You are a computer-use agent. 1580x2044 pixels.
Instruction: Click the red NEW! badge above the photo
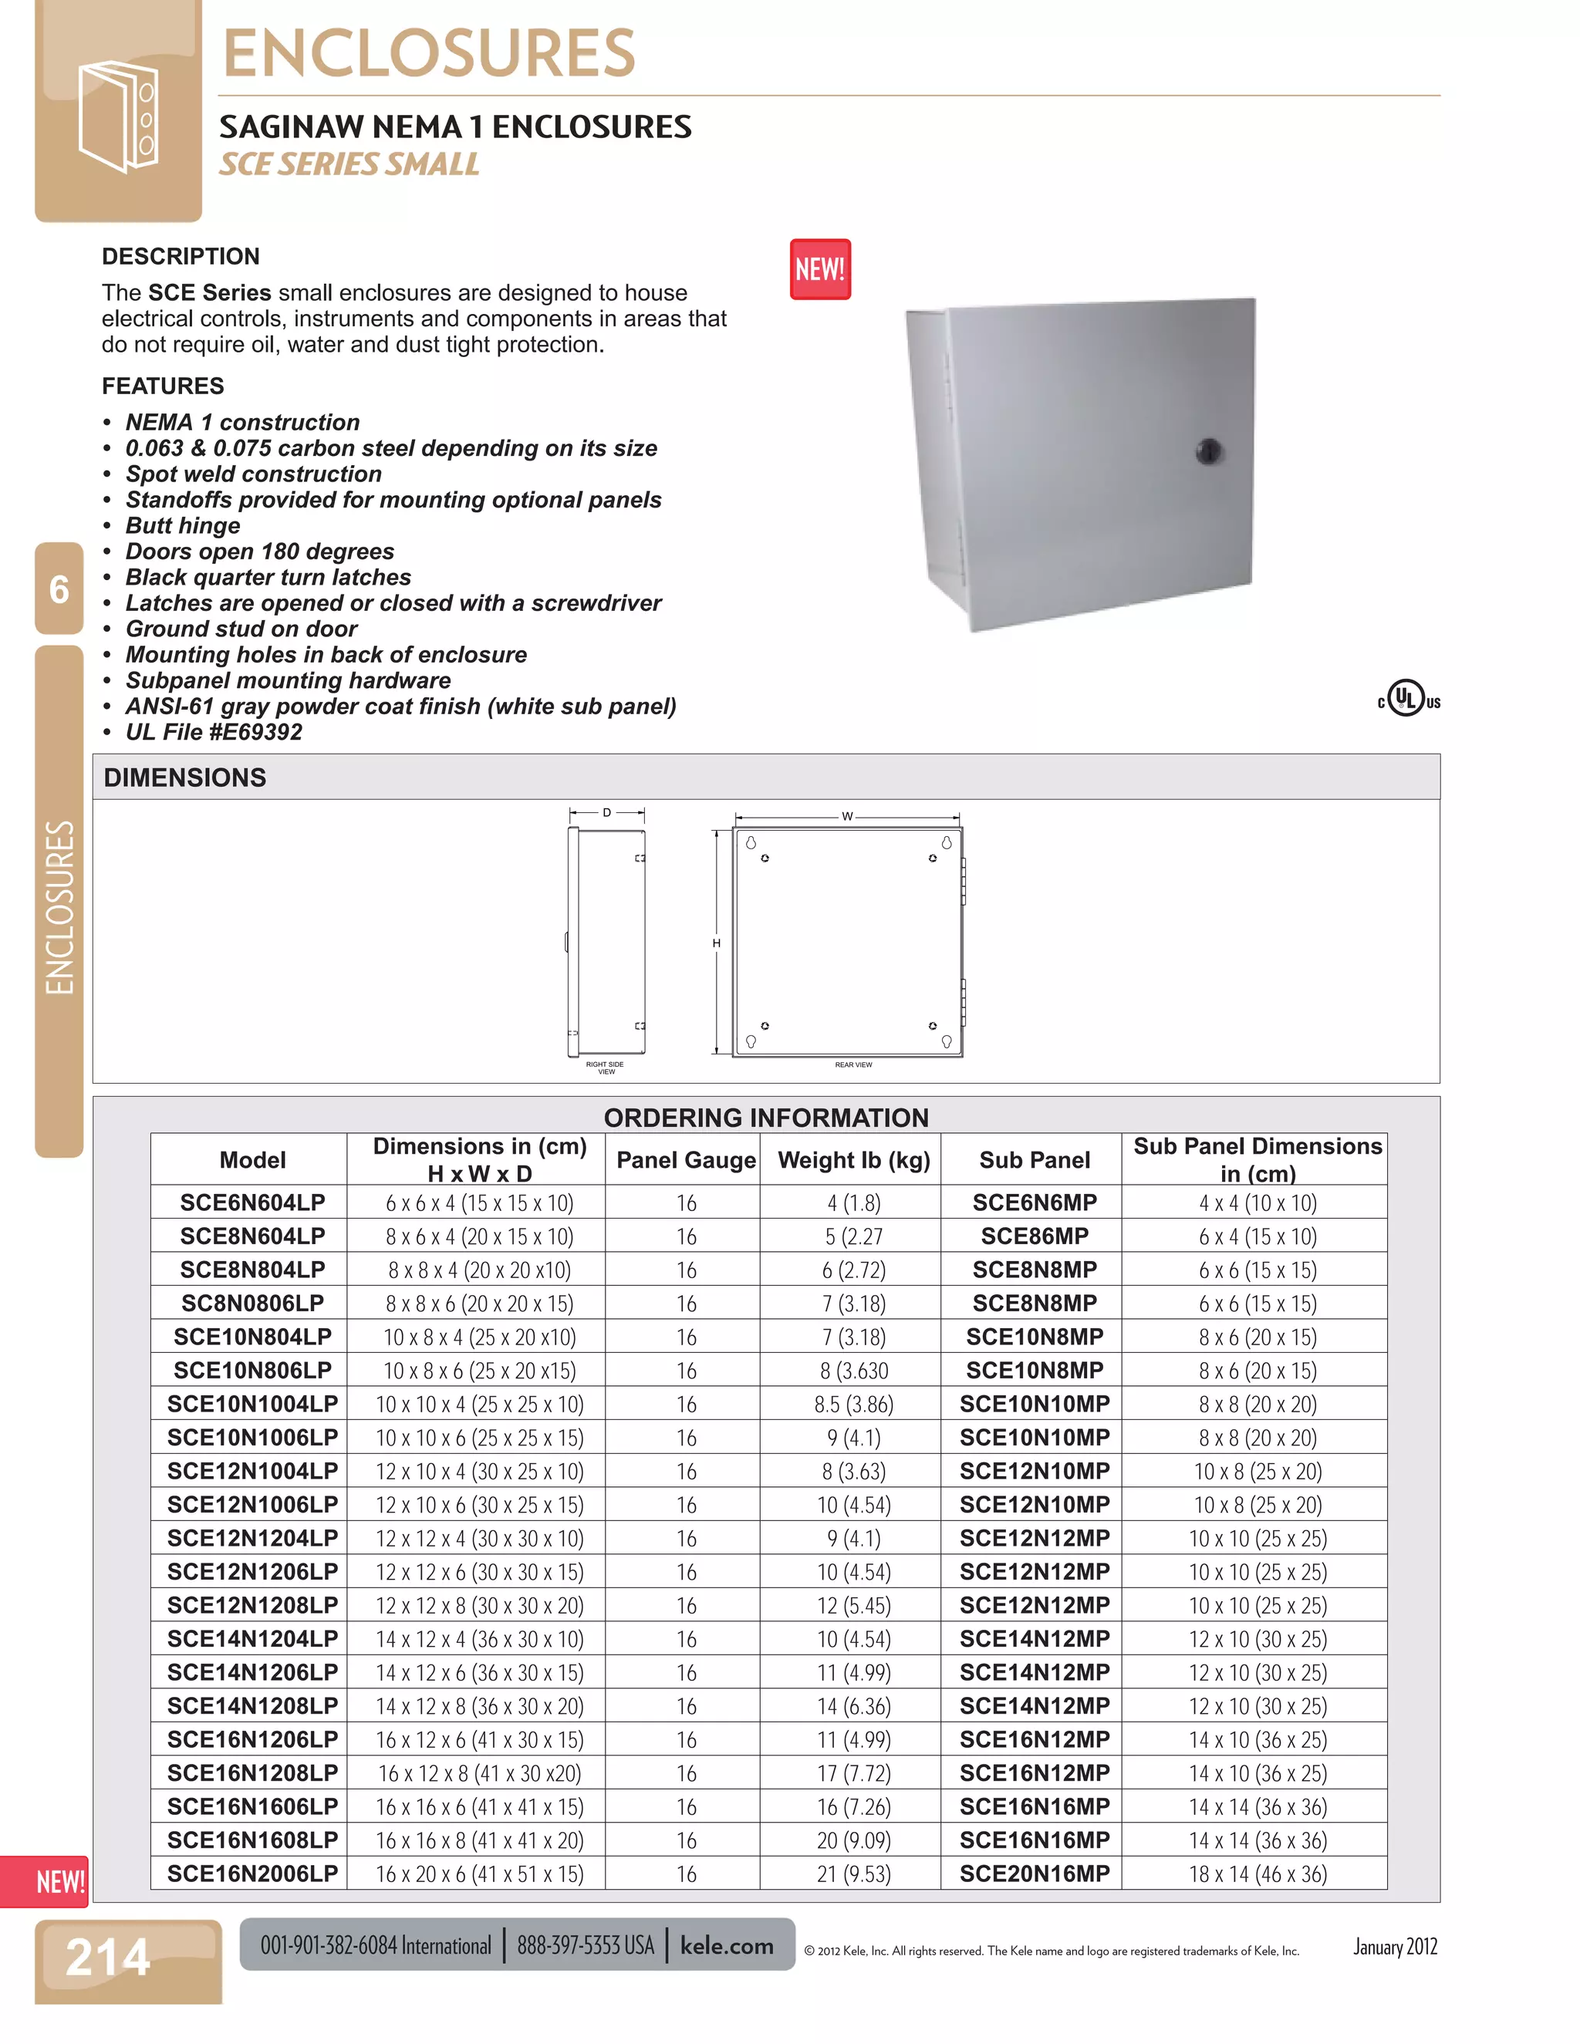[820, 269]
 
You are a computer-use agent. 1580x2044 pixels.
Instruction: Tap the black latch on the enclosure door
[1208, 451]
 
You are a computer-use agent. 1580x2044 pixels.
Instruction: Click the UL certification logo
[1407, 699]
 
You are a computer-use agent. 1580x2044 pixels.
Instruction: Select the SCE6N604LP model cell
[253, 1202]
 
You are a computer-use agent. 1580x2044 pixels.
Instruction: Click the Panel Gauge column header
[685, 1161]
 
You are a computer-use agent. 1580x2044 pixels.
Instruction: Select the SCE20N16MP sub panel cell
[1035, 1874]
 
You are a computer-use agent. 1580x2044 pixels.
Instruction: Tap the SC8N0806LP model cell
[253, 1304]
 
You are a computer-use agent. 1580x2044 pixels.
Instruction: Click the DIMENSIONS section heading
[185, 777]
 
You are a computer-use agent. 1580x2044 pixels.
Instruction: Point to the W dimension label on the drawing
[847, 816]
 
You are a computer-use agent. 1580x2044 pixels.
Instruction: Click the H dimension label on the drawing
[716, 943]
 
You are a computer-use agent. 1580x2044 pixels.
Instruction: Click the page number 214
[108, 1957]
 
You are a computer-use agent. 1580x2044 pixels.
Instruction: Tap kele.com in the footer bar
[726, 1946]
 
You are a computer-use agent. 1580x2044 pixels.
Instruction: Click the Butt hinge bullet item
[184, 526]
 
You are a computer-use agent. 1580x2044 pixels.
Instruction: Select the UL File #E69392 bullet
[214, 733]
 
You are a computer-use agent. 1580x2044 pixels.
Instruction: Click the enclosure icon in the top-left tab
[118, 116]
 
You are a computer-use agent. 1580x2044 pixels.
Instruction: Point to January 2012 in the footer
[1395, 1948]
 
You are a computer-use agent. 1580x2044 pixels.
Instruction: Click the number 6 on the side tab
[59, 589]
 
